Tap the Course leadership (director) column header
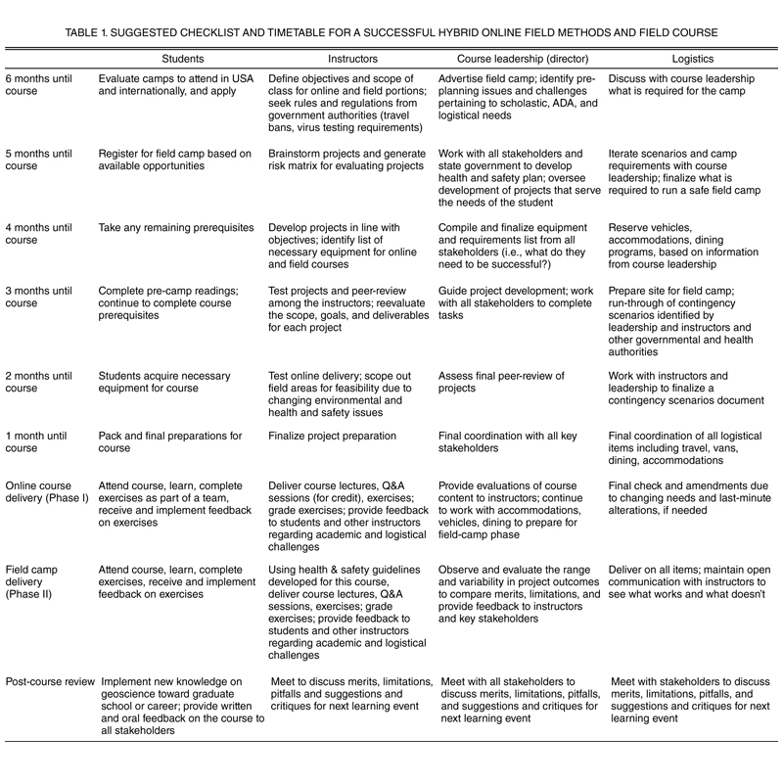[x=512, y=59]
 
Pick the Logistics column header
[x=687, y=59]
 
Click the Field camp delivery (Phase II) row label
[x=39, y=576]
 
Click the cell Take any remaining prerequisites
[x=176, y=228]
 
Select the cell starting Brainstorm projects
[x=337, y=160]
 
